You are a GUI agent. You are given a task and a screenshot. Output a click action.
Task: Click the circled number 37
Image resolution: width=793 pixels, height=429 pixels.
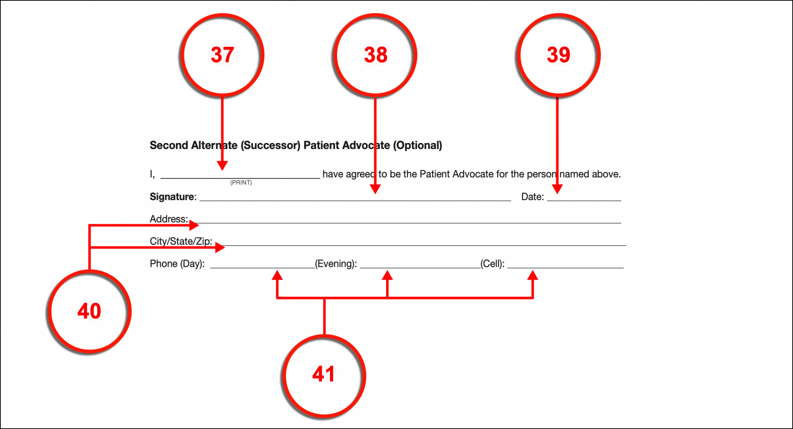(222, 55)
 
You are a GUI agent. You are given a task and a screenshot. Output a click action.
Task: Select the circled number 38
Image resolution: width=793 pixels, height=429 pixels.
(375, 55)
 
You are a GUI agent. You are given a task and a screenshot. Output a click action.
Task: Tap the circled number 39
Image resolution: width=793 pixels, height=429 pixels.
(558, 55)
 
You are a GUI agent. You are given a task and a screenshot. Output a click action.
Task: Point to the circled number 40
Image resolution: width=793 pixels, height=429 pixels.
(89, 311)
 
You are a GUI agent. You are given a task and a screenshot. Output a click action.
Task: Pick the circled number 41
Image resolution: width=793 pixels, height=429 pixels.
(324, 375)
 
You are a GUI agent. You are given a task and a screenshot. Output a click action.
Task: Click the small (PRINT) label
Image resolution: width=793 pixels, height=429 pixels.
(241, 182)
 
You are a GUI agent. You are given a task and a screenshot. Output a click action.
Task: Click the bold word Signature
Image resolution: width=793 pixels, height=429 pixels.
(172, 197)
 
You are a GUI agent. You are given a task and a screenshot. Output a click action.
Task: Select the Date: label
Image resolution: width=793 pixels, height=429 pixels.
(532, 197)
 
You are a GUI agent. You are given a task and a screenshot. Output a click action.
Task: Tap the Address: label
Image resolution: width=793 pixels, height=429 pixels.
(168, 219)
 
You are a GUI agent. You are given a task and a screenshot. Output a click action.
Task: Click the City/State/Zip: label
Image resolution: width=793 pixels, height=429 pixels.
(181, 241)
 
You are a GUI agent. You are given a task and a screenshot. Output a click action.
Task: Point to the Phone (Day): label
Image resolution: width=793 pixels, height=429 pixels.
(177, 264)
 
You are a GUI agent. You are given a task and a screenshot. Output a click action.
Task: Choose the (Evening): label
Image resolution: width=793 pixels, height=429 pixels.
(336, 264)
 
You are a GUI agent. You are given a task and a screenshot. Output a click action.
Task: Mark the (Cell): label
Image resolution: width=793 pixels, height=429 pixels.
(492, 264)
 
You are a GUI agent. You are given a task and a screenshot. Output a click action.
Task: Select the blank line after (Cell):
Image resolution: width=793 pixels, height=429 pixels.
(565, 267)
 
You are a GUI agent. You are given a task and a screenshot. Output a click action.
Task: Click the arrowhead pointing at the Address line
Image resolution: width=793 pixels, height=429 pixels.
(194, 225)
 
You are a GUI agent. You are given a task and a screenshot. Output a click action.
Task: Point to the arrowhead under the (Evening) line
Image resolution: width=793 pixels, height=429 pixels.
(387, 275)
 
